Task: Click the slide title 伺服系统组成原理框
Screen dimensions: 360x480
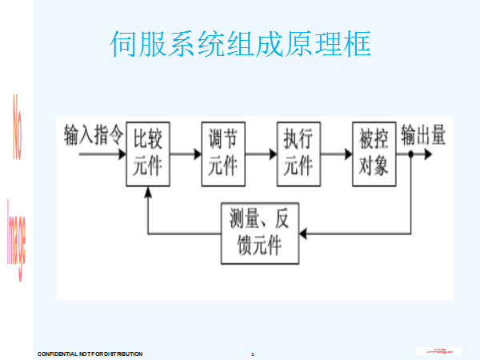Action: coord(240,45)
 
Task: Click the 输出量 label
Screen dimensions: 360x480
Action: coord(423,135)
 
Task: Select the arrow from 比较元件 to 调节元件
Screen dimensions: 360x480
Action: coord(185,154)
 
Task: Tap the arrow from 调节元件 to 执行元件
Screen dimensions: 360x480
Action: coord(260,154)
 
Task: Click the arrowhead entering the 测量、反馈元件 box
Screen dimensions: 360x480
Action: coord(302,233)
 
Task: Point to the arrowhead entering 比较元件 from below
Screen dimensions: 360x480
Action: coord(148,192)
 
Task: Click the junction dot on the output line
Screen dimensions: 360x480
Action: coord(410,154)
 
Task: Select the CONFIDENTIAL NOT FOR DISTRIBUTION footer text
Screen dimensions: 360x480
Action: coord(90,353)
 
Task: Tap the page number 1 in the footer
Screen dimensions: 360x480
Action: coord(252,353)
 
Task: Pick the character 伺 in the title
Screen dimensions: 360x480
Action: coord(122,45)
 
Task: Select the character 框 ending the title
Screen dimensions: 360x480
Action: coord(358,45)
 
